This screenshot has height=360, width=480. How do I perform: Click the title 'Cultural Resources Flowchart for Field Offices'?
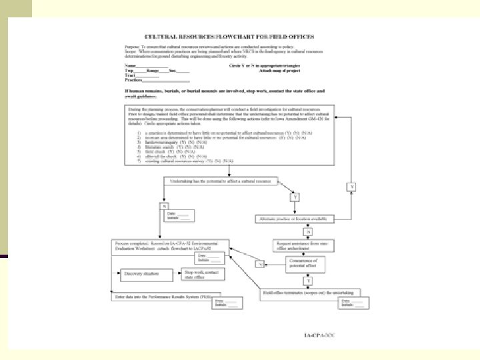230,36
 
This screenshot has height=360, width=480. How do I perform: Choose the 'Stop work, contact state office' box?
203,273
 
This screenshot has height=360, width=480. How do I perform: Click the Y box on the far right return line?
353,186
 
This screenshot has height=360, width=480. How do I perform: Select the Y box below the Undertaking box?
295,197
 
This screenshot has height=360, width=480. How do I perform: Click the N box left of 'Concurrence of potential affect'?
261,264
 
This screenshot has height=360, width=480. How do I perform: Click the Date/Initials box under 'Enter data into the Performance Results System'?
225,304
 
